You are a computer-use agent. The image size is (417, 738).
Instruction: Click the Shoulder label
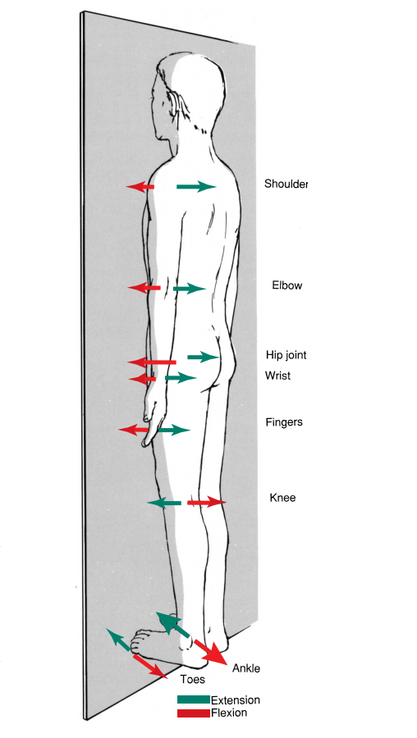(x=286, y=184)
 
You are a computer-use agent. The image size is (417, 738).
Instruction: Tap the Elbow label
(x=287, y=285)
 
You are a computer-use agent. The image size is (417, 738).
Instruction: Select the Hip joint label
(x=286, y=355)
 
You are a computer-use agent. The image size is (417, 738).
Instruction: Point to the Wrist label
(x=277, y=376)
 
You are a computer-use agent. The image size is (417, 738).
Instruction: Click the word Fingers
(x=284, y=422)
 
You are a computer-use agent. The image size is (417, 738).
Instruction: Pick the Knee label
(x=282, y=498)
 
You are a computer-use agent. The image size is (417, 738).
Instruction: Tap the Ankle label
(x=246, y=668)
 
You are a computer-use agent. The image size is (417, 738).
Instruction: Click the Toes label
(x=193, y=679)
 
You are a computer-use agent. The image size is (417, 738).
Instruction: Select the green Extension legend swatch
(x=194, y=700)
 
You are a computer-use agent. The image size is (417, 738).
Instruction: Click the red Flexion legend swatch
(x=194, y=713)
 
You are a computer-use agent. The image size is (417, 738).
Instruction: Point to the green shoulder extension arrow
(x=196, y=187)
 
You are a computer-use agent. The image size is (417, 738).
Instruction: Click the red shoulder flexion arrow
(x=140, y=187)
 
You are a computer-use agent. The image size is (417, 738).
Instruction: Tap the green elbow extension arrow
(x=190, y=288)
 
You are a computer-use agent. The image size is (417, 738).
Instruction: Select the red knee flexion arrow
(x=207, y=503)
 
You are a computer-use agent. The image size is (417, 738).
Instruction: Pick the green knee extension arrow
(x=164, y=503)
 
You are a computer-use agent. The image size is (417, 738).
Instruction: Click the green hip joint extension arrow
(x=204, y=357)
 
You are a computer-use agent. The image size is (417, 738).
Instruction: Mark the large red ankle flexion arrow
(x=212, y=651)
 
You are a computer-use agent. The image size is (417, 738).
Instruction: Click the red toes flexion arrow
(x=150, y=667)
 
